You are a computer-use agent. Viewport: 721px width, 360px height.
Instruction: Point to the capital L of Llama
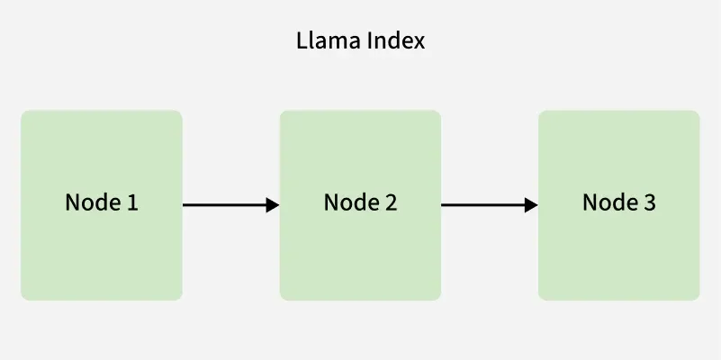tap(302, 41)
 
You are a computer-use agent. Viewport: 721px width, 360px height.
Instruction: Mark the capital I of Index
tap(369, 41)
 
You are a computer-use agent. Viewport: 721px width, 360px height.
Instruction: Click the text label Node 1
tap(102, 202)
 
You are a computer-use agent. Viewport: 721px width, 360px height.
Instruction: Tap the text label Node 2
tap(360, 202)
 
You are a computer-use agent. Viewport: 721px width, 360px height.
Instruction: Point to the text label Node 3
tap(619, 202)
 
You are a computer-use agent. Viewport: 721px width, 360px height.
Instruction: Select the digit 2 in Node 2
tap(391, 202)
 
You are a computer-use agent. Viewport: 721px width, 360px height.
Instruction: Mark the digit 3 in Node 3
tap(650, 202)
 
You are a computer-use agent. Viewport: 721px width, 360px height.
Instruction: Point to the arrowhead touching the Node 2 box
tap(273, 205)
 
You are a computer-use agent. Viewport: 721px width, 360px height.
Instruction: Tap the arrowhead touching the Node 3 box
tap(531, 205)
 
